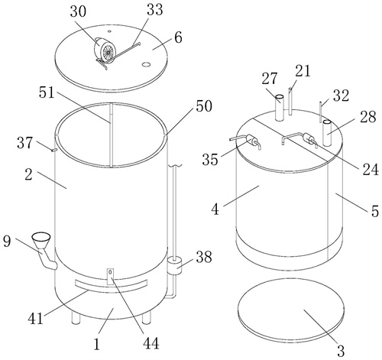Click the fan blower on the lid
click(105, 52)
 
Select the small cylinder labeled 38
click(174, 266)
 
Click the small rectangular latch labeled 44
click(110, 277)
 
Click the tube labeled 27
click(280, 107)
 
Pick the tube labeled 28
click(327, 133)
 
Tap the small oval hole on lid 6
click(146, 65)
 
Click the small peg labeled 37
click(54, 150)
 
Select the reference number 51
click(47, 92)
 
